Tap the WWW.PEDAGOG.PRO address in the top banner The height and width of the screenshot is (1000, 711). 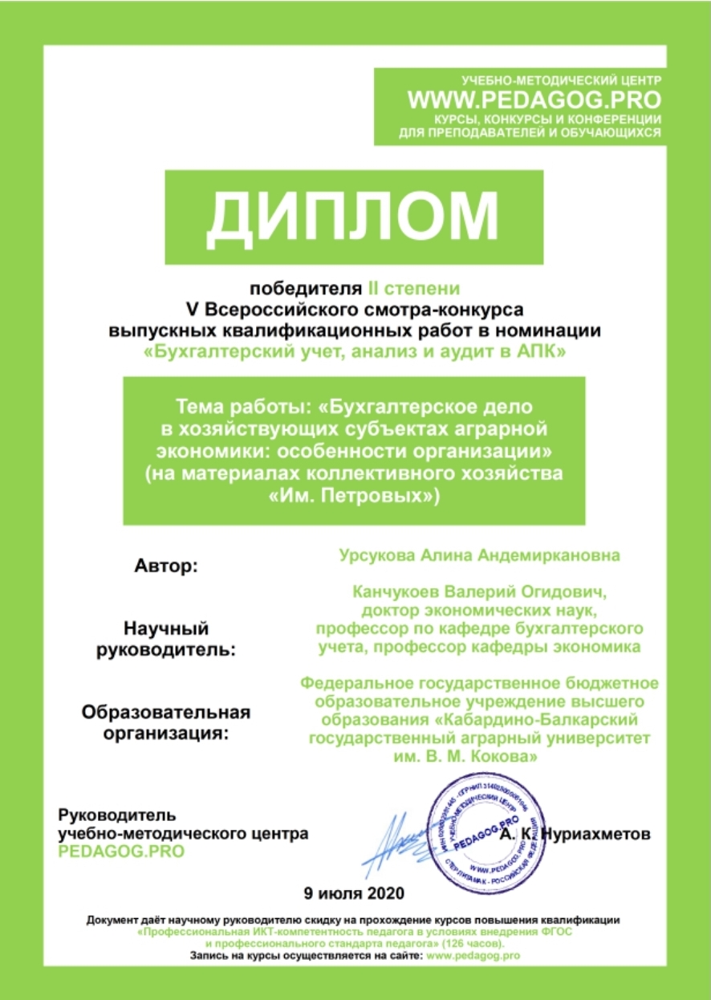coord(534,99)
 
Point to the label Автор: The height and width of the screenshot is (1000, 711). coord(166,566)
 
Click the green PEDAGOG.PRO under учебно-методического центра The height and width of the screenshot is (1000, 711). coord(121,851)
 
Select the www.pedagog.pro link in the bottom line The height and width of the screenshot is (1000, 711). coord(473,956)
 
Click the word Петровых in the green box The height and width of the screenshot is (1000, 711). coord(384,495)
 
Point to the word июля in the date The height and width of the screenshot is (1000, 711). coord(336,892)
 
